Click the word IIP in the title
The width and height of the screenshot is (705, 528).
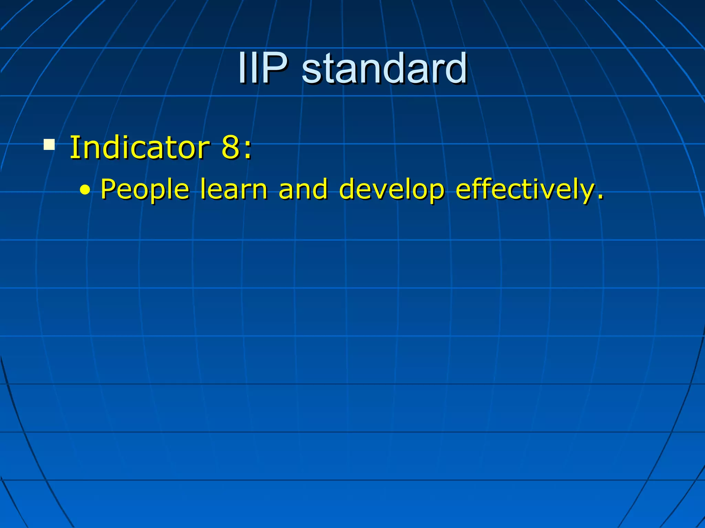pos(263,68)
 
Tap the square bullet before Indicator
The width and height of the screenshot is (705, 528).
pos(49,145)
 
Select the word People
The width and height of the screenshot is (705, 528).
pos(145,190)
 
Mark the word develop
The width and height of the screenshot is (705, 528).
pos(392,190)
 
